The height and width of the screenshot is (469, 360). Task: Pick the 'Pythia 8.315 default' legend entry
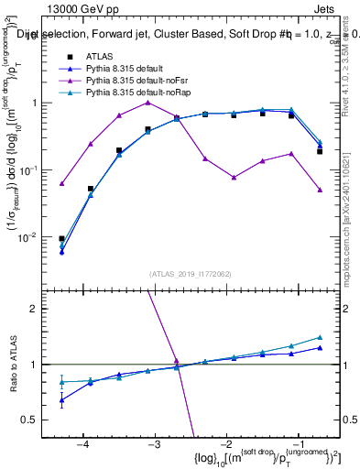(134, 69)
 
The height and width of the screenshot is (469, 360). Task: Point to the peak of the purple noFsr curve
(147, 103)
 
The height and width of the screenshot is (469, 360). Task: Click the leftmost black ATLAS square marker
(61, 238)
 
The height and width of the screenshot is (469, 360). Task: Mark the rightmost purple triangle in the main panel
(320, 190)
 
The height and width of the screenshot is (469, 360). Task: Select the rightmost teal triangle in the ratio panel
(320, 337)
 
